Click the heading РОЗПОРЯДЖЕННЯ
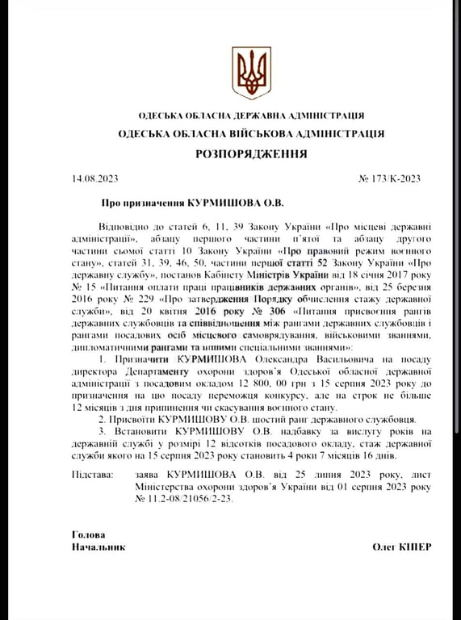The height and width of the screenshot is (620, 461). pos(250,153)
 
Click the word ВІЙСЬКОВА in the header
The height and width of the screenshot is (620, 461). pos(243,133)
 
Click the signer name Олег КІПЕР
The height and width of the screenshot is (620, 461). pos(401,547)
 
